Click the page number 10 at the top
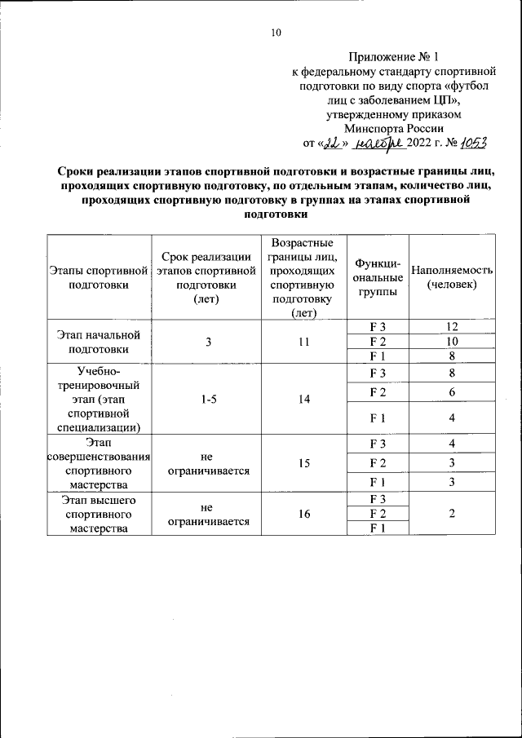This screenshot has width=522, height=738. click(275, 33)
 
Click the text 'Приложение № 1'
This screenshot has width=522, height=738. click(393, 57)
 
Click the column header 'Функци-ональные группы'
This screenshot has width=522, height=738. click(377, 277)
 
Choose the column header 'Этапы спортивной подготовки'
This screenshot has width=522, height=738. click(99, 277)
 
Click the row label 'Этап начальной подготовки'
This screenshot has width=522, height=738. click(99, 342)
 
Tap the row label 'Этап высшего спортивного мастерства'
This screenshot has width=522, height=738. click(99, 513)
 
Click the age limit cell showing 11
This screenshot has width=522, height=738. click(303, 342)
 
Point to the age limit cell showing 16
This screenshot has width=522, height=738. click(303, 513)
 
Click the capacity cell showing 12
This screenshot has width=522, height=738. click(451, 327)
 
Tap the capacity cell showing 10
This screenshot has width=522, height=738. click(451, 341)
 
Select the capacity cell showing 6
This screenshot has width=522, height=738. click(451, 392)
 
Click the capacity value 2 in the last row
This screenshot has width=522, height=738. click(451, 513)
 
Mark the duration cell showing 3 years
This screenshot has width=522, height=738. click(208, 342)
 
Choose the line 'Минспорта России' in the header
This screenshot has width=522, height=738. click(393, 128)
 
